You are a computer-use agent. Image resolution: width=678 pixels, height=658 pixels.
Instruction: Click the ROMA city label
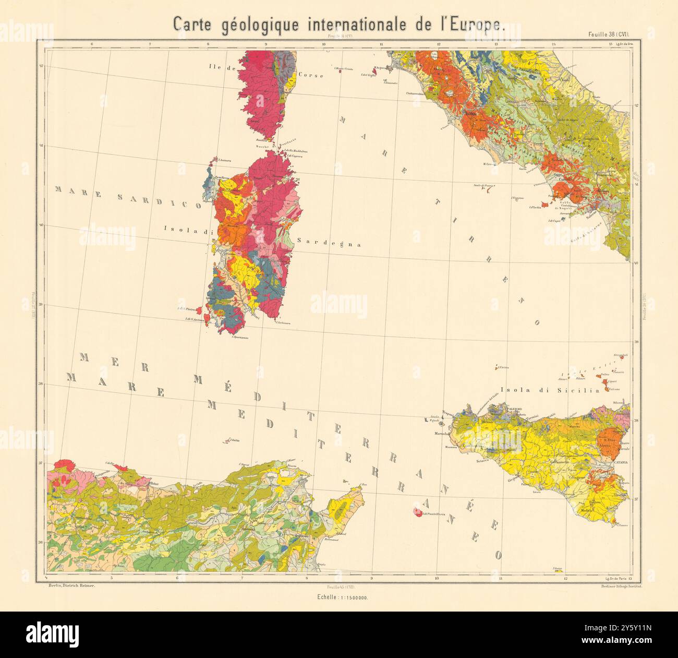[471, 114]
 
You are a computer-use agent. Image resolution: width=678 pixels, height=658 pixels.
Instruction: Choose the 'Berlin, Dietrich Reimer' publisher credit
[69, 587]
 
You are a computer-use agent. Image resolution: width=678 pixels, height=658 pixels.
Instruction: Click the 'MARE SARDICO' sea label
[128, 198]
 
